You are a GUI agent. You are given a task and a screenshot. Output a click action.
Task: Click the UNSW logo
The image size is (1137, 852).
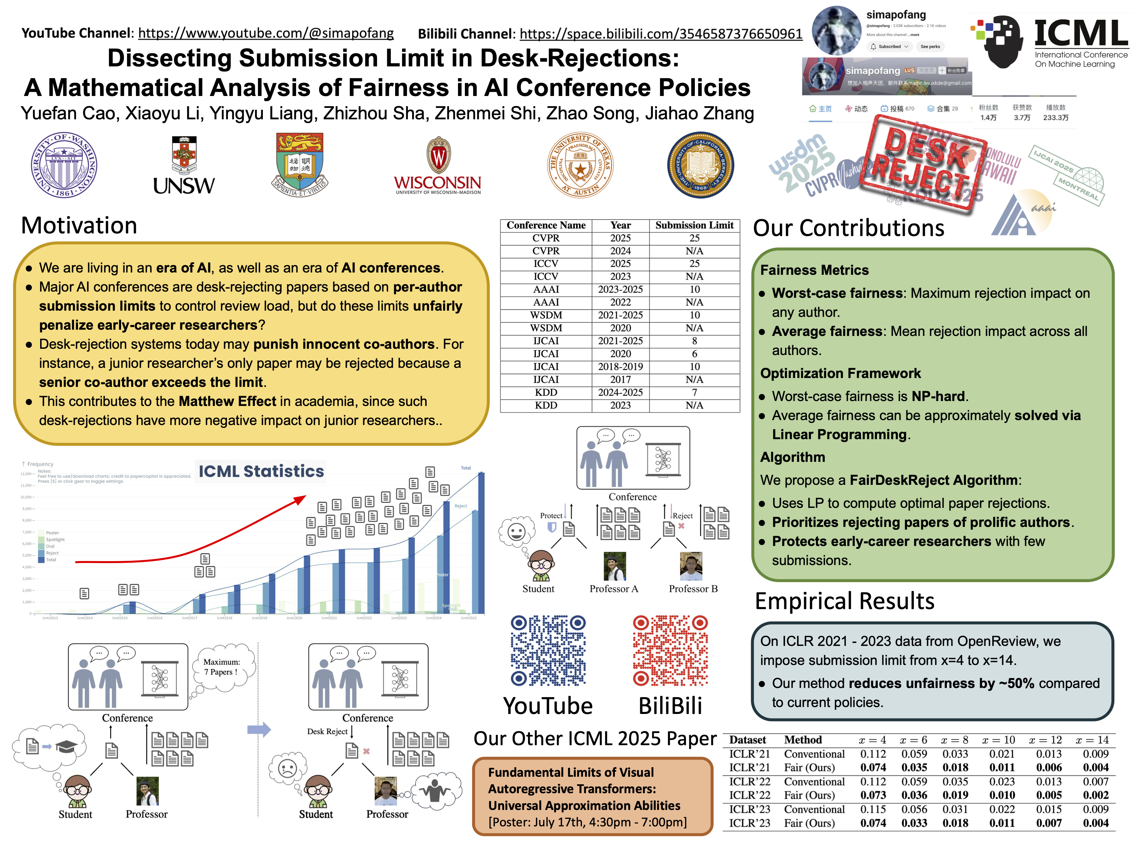click(x=184, y=165)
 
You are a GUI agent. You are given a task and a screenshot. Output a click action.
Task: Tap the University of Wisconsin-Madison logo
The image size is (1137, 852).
click(x=438, y=165)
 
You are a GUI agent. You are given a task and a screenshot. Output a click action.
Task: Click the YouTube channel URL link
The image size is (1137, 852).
click(x=266, y=34)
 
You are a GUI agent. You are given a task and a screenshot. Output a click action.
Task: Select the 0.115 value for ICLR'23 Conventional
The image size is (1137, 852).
click(x=873, y=809)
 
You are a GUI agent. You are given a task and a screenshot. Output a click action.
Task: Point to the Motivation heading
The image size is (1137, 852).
click(x=79, y=225)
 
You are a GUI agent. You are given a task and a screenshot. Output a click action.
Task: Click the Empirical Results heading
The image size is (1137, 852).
click(x=845, y=601)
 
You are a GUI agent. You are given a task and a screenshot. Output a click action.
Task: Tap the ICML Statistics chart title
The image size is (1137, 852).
click(x=261, y=471)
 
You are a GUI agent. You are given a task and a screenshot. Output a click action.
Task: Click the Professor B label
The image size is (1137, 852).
click(x=693, y=588)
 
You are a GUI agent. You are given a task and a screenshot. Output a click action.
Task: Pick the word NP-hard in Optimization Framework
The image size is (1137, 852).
click(x=938, y=396)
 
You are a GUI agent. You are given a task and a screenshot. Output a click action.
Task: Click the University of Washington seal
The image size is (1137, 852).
click(x=64, y=165)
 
